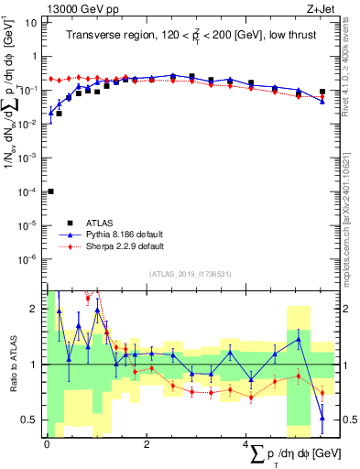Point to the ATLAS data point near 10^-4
[50, 191]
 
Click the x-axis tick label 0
[47, 444]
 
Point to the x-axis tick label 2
[147, 444]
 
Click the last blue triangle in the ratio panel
[322, 418]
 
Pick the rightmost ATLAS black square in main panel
[322, 92]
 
